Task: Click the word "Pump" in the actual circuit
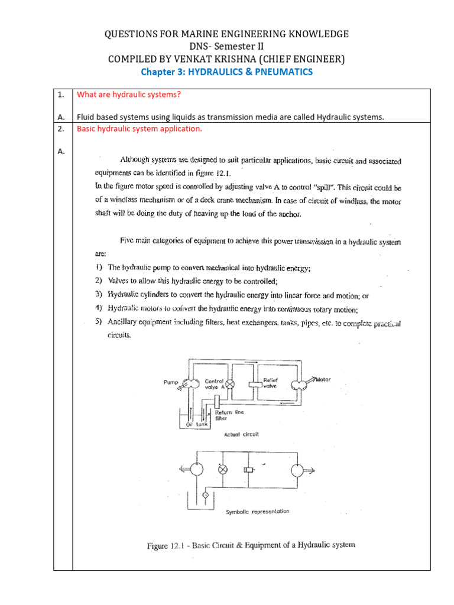(170, 382)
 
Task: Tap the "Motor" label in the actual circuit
(323, 379)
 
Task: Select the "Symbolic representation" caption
(258, 511)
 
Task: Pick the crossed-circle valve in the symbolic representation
(223, 470)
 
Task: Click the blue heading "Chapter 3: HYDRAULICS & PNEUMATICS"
(226, 71)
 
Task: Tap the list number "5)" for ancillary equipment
(98, 323)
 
